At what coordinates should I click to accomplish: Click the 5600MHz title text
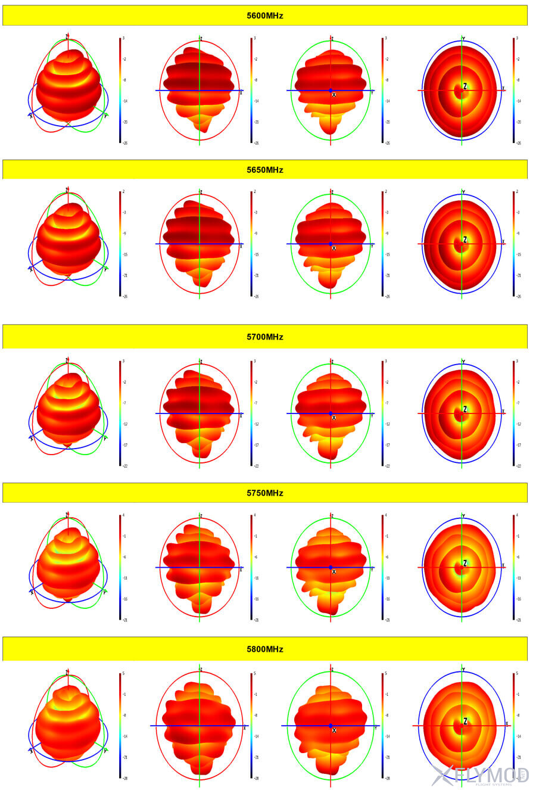pos(265,16)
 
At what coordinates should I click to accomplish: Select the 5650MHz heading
pos(265,170)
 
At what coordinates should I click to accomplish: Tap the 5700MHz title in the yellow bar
pos(265,337)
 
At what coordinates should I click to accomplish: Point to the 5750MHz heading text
pos(265,493)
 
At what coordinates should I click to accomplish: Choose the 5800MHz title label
pos(265,649)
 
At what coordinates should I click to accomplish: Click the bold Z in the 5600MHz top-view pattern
pos(465,87)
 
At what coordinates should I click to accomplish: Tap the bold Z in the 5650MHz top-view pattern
pos(465,240)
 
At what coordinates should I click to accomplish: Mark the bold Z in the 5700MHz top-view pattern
pos(465,410)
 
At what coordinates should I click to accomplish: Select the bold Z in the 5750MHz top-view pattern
pos(465,564)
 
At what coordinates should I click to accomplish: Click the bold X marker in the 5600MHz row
pos(334,95)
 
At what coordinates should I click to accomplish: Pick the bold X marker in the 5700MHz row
pos(334,418)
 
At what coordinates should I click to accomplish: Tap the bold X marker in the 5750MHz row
pos(334,571)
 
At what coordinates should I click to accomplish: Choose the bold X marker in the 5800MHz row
pos(334,730)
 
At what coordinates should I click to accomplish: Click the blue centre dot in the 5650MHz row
pos(331,244)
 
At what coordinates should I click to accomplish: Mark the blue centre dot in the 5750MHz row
pos(331,567)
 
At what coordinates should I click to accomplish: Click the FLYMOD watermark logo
pos(479,775)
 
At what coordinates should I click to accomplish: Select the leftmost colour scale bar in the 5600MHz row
pos(120,91)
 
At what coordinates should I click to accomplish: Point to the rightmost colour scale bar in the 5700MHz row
pos(513,413)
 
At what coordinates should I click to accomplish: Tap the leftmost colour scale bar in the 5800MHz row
pos(120,726)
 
